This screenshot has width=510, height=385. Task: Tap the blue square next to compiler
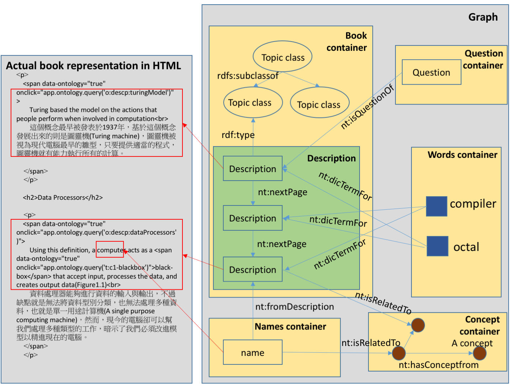(x=437, y=207)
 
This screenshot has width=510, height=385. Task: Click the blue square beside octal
(x=437, y=246)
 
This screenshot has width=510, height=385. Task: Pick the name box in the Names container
(x=253, y=352)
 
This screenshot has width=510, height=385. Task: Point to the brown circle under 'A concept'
(x=479, y=353)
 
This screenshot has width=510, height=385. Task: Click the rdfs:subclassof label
(x=248, y=76)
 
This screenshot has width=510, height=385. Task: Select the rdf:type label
(x=238, y=135)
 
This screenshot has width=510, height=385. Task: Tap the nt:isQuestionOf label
(x=367, y=107)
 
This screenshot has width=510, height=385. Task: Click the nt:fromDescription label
(x=294, y=307)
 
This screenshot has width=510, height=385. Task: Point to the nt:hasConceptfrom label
(x=439, y=365)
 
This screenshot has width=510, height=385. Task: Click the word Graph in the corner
(x=483, y=17)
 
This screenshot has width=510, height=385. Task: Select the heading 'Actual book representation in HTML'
(x=94, y=66)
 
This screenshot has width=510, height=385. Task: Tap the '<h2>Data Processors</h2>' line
(x=63, y=198)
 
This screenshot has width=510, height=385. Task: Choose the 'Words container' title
(x=462, y=155)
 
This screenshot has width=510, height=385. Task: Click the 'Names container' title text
(x=291, y=327)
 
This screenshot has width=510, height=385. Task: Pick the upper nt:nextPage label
(x=282, y=192)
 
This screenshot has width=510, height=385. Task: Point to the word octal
(x=466, y=247)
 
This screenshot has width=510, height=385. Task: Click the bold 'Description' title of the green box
(x=331, y=158)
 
